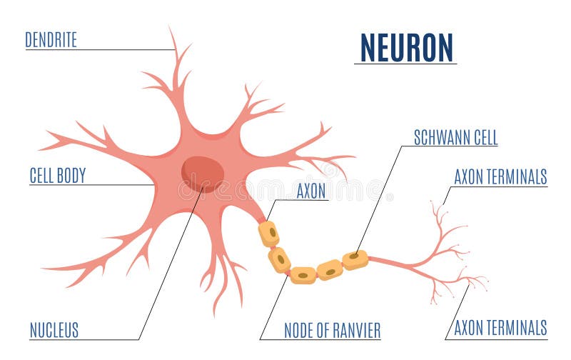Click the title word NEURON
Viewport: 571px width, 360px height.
tap(407, 48)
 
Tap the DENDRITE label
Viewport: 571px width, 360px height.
tap(51, 40)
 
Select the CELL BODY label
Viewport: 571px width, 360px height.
tap(56, 176)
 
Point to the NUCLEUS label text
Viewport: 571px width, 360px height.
tap(54, 330)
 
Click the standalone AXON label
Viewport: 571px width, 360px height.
tap(311, 191)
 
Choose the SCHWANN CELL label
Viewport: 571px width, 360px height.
tap(455, 138)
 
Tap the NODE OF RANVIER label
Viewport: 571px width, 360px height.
tap(332, 330)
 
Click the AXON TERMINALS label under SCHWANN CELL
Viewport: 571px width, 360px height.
tap(500, 177)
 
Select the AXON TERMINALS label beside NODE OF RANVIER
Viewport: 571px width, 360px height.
tap(500, 328)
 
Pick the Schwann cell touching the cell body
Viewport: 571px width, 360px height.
tap(269, 234)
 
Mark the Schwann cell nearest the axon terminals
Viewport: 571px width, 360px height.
tap(355, 259)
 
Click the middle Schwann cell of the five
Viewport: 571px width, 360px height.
tap(303, 275)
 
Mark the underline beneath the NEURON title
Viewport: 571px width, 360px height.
tap(405, 64)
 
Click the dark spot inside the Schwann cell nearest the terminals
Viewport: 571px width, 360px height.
tap(353, 256)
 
